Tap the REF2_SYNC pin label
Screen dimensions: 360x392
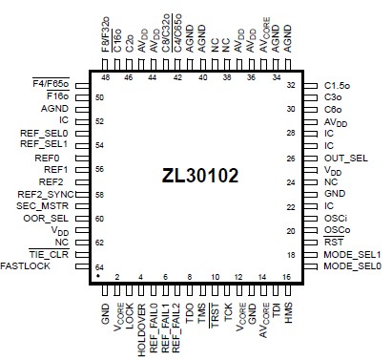pyautogui.click(x=44, y=193)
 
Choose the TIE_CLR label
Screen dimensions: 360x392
pyautogui.click(x=49, y=254)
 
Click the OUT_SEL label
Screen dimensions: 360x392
pyautogui.click(x=345, y=158)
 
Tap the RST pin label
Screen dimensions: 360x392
pyautogui.click(x=333, y=242)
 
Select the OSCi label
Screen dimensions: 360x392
pyautogui.click(x=336, y=218)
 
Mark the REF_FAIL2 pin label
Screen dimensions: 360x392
pyautogui.click(x=176, y=329)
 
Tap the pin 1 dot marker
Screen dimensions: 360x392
pyautogui.click(x=98, y=276)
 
